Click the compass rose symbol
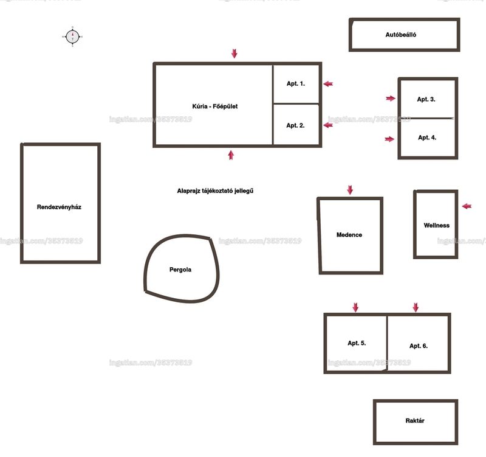pos(72,37)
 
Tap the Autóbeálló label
pos(401,35)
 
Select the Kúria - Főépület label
pos(215,106)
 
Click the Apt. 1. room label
pos(296,83)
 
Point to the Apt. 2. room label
pos(295,125)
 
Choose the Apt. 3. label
pos(426,99)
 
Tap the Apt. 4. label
pos(427,138)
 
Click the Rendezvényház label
pos(59,207)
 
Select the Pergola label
pos(180,270)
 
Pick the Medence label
pos(349,235)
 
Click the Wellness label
pos(436,225)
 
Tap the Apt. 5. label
pos(357,343)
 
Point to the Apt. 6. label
pos(419,346)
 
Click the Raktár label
pos(415,420)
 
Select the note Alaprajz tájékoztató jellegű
pos(215,191)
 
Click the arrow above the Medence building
pos(350,190)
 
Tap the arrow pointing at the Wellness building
pos(467,206)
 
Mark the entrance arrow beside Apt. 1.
pos(328,84)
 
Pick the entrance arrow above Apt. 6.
pos(416,307)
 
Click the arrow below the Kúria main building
pos(231,155)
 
